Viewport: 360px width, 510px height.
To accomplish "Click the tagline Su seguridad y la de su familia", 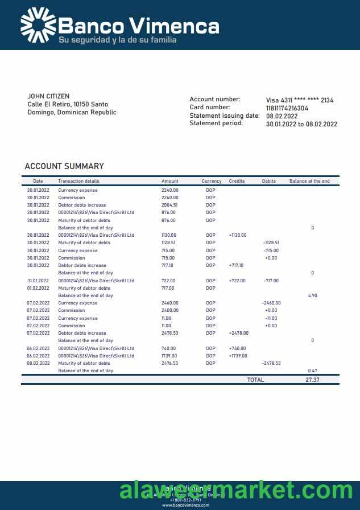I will [x=117, y=40].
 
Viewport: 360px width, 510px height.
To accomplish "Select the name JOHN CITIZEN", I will [x=48, y=96].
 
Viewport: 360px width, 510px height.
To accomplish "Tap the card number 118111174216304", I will [x=287, y=108].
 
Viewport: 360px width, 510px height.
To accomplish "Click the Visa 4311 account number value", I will [x=300, y=100].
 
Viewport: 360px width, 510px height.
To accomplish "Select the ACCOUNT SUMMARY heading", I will [x=64, y=166].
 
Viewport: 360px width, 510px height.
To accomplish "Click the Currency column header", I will [x=212, y=181].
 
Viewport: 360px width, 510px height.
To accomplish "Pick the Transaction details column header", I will [x=78, y=181].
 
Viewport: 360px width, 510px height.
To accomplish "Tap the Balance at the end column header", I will [x=309, y=181].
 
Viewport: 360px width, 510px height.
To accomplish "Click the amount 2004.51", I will [x=169, y=205].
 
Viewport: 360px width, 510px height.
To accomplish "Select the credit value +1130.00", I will [x=238, y=235].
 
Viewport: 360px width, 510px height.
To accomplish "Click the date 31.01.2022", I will [x=38, y=281].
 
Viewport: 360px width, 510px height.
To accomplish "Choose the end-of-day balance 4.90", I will [x=312, y=295].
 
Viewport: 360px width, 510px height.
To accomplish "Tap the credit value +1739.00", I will [x=238, y=356].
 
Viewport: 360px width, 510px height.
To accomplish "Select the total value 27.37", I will [x=312, y=380].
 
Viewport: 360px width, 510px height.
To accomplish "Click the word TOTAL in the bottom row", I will [x=255, y=380].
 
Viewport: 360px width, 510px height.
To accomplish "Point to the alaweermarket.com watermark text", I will [x=236, y=490].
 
